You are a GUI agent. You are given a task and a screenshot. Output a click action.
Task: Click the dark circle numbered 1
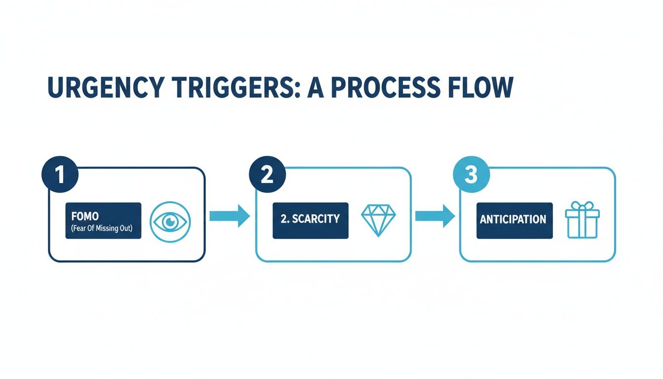point(60,176)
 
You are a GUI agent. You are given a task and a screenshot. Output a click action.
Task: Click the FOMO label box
point(103,221)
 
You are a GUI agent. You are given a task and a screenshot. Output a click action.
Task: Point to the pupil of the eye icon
point(170,222)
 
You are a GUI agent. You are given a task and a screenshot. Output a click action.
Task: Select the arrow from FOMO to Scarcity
point(229,216)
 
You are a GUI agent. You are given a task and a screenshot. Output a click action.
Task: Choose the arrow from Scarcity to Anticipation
point(435,216)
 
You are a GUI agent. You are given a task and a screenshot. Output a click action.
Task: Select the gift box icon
point(582,221)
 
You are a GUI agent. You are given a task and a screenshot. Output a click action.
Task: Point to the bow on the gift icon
point(582,207)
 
